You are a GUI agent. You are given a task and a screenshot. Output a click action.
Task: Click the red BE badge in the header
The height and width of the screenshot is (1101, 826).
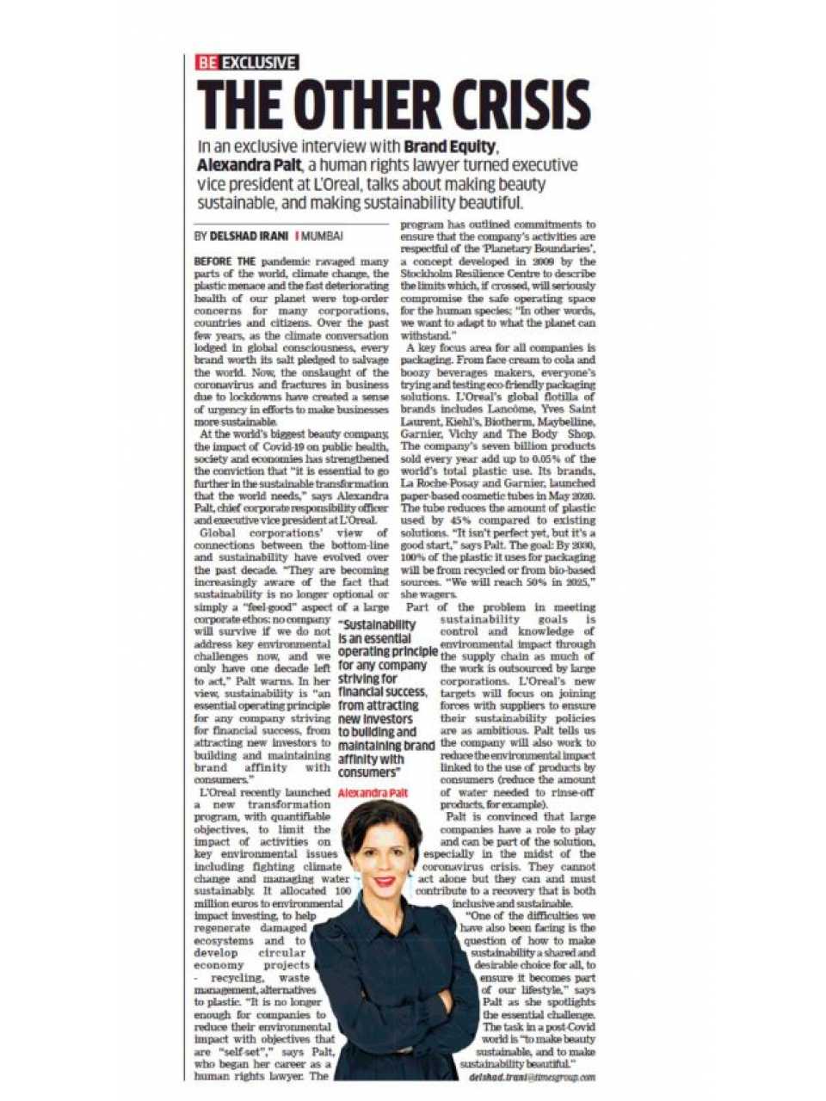tap(207, 62)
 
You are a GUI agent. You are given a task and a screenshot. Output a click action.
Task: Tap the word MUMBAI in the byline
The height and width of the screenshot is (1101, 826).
tap(322, 235)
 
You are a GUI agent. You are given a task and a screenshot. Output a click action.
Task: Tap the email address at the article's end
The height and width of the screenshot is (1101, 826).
tap(533, 1076)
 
